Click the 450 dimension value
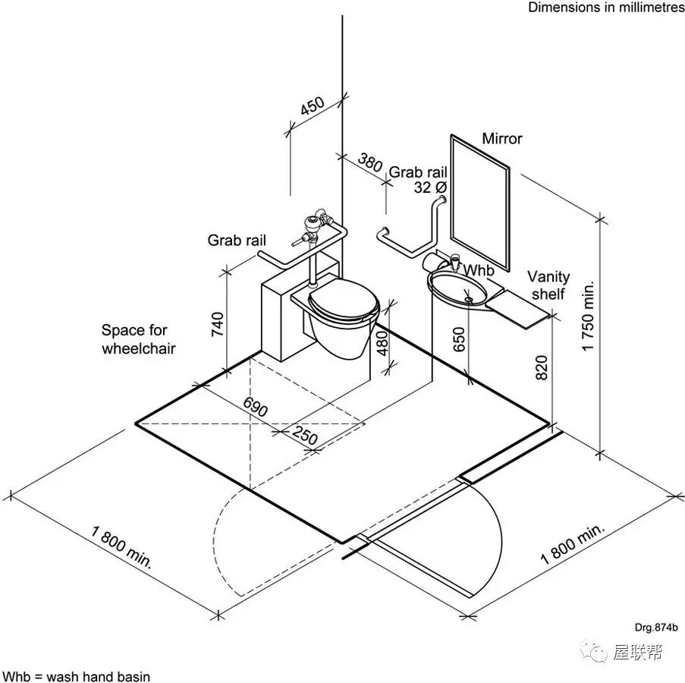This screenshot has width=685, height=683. pyautogui.click(x=312, y=107)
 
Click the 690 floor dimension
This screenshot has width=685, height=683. pyautogui.click(x=256, y=408)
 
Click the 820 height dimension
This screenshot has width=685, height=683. pyautogui.click(x=540, y=366)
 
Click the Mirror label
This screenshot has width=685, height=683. pyautogui.click(x=502, y=139)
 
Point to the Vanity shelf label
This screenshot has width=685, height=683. pyautogui.click(x=548, y=285)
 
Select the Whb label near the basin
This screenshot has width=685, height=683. pyautogui.click(x=478, y=270)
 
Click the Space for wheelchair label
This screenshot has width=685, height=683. pyautogui.click(x=138, y=339)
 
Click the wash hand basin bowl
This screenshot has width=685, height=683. pyautogui.click(x=458, y=289)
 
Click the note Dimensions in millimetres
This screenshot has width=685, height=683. pyautogui.click(x=606, y=8)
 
